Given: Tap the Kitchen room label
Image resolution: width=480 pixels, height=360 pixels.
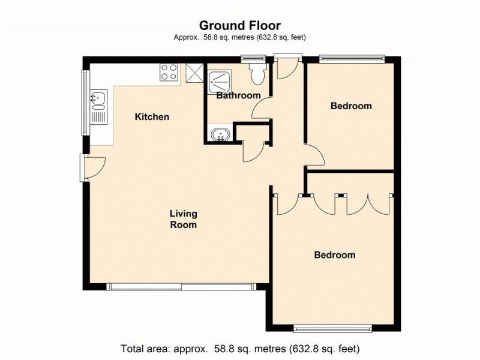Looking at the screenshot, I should (152, 117).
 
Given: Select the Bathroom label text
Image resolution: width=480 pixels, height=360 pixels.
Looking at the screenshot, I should (238, 95).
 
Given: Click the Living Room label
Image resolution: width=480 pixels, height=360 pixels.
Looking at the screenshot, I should (183, 219).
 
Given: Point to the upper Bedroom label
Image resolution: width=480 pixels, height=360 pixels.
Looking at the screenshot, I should (351, 106).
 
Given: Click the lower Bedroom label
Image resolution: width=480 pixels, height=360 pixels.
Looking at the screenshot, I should (335, 255).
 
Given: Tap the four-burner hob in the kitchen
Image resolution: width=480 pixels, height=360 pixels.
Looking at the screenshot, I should (169, 72).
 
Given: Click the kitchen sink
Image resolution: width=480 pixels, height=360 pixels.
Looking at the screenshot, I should (98, 99).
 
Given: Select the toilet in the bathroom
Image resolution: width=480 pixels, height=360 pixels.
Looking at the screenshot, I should (258, 74).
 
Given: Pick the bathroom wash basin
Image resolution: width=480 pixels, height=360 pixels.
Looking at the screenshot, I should (220, 134).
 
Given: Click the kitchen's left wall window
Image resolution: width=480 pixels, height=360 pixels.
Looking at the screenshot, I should (85, 103).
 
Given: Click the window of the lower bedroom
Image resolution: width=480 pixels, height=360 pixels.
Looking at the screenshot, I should (332, 328).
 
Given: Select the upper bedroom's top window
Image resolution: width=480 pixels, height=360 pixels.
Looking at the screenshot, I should (351, 59).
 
